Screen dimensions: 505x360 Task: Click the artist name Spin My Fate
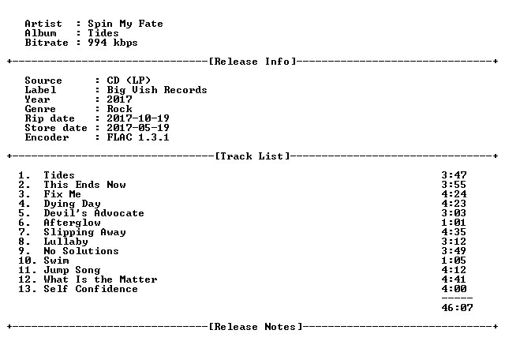tap(125, 24)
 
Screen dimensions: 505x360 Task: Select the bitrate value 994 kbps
tap(113, 43)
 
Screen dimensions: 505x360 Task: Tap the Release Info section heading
tap(252, 62)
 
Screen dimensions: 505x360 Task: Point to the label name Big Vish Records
tap(157, 90)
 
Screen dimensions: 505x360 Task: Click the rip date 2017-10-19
tap(138, 118)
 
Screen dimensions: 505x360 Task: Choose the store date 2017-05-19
tap(138, 128)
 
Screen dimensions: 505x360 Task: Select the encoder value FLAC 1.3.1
tap(138, 137)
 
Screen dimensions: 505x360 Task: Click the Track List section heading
tap(252, 156)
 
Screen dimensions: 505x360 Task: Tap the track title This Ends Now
tap(84, 185)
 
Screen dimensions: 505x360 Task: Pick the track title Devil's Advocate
tap(94, 213)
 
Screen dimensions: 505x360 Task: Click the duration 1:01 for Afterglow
tap(454, 223)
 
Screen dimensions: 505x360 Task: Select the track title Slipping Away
tap(84, 232)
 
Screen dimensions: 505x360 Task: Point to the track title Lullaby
tap(65, 242)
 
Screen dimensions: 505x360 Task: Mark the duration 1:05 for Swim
tap(454, 261)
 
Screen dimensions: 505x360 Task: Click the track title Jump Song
tap(72, 270)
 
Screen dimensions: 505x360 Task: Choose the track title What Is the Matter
tap(100, 279)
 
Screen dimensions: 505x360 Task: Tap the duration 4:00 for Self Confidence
tap(454, 289)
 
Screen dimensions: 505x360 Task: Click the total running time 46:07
tap(457, 308)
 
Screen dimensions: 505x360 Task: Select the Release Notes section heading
tap(256, 327)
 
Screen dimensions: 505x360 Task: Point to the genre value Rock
tap(119, 109)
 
